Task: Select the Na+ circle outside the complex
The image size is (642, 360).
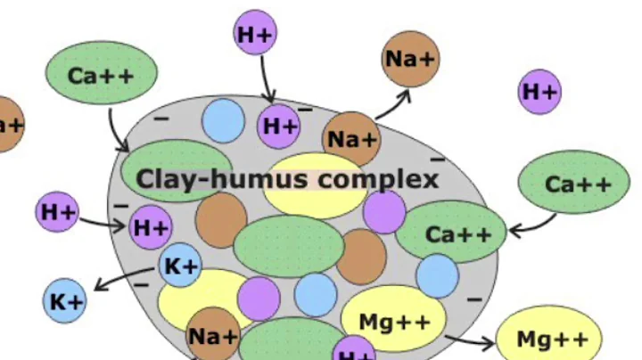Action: [x=410, y=59]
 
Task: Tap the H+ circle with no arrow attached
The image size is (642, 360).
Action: [x=539, y=92]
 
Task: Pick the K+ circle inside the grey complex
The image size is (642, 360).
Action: [x=181, y=265]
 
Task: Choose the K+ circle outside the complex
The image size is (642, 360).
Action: [x=66, y=301]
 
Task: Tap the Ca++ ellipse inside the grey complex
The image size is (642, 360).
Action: [x=450, y=234]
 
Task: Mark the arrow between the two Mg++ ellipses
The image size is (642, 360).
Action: [x=469, y=340]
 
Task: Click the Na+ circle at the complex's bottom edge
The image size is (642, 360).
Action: [x=213, y=336]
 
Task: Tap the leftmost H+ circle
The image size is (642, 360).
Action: [x=58, y=212]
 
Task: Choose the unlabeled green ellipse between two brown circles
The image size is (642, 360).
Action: [x=288, y=245]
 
